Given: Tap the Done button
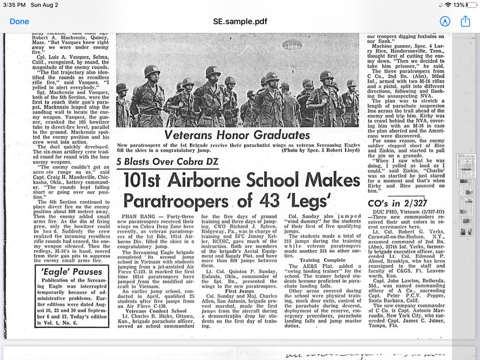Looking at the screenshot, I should [19, 22].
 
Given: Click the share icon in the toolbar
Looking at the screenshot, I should [465, 21].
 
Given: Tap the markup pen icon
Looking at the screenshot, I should [445, 21].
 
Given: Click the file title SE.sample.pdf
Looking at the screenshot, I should [240, 22].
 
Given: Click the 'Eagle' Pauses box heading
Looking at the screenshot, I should [71, 271].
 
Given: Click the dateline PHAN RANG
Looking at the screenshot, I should [135, 217].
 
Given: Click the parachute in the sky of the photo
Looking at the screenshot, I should [292, 45].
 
